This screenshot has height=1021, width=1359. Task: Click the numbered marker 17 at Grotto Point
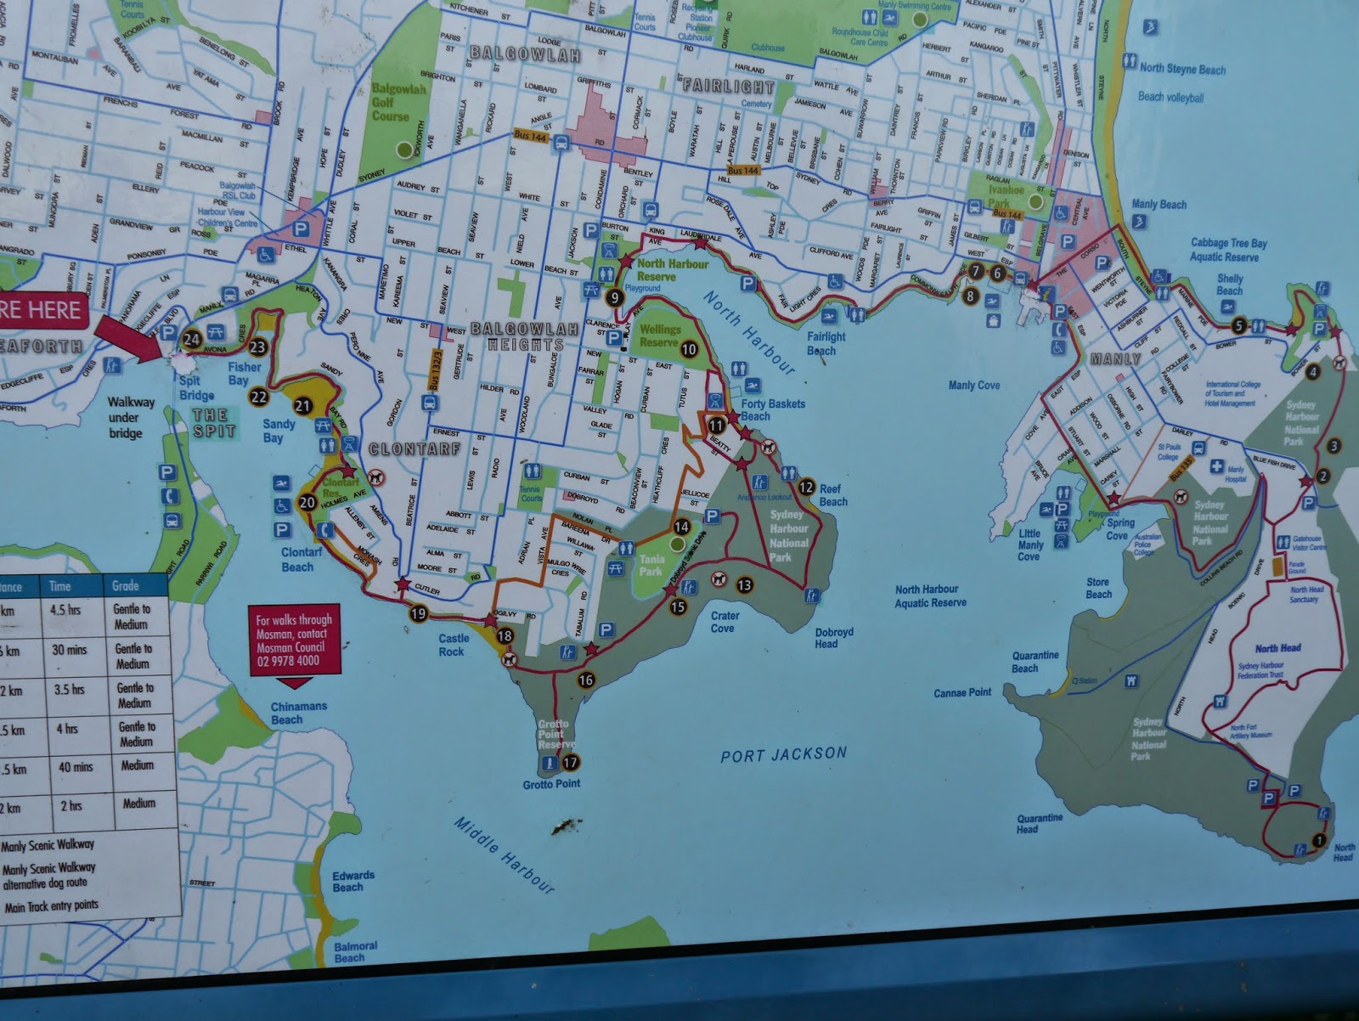coord(570,762)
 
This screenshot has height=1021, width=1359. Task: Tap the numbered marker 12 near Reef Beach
coord(806,488)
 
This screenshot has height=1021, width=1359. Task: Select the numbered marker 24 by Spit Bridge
coord(192,339)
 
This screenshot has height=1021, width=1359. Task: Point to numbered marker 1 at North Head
coord(1318,840)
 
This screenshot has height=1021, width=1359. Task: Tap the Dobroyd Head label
coord(833,638)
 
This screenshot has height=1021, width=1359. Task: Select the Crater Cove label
coord(725,622)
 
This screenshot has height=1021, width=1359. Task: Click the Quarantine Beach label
coord(1035,662)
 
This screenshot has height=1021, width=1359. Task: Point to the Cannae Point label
coord(961,692)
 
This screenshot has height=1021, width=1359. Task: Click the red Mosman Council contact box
coord(295,640)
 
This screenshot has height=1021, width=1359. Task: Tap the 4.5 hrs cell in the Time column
coord(65,609)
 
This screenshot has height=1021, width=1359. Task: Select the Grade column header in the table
coord(125,585)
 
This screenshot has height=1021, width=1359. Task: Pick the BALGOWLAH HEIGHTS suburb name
coord(526,336)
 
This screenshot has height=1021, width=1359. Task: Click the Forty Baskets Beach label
coord(772,409)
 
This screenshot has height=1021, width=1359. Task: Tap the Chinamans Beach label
coord(298,713)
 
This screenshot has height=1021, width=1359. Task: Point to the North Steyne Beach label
coord(1181,69)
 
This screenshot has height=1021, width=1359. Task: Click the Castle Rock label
coord(453,645)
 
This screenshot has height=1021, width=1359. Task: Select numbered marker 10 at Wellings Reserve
coord(689,349)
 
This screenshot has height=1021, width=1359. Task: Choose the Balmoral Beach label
coord(355,951)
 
